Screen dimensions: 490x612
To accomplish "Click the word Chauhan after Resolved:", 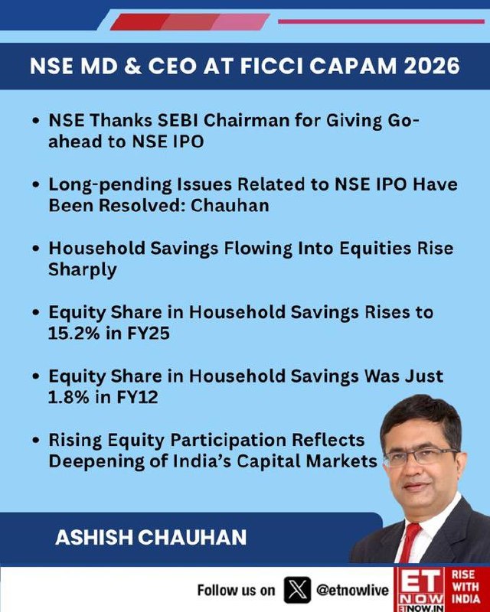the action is point(230,205).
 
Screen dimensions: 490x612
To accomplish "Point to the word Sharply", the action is point(83,270).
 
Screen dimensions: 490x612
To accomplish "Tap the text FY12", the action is point(137,397).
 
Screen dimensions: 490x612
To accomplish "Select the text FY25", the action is point(148,334).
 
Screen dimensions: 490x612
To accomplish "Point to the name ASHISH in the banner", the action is point(94,538).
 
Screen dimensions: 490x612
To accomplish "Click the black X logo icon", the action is point(297,590).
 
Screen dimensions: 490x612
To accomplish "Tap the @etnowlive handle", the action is point(352,590).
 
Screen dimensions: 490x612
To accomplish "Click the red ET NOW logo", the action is point(421,589).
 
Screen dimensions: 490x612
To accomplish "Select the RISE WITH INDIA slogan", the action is point(465,587).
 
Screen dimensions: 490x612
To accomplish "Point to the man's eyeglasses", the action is point(421,456).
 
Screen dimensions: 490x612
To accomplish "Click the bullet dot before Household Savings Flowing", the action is point(36,249).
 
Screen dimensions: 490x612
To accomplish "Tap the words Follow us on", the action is point(236,590).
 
